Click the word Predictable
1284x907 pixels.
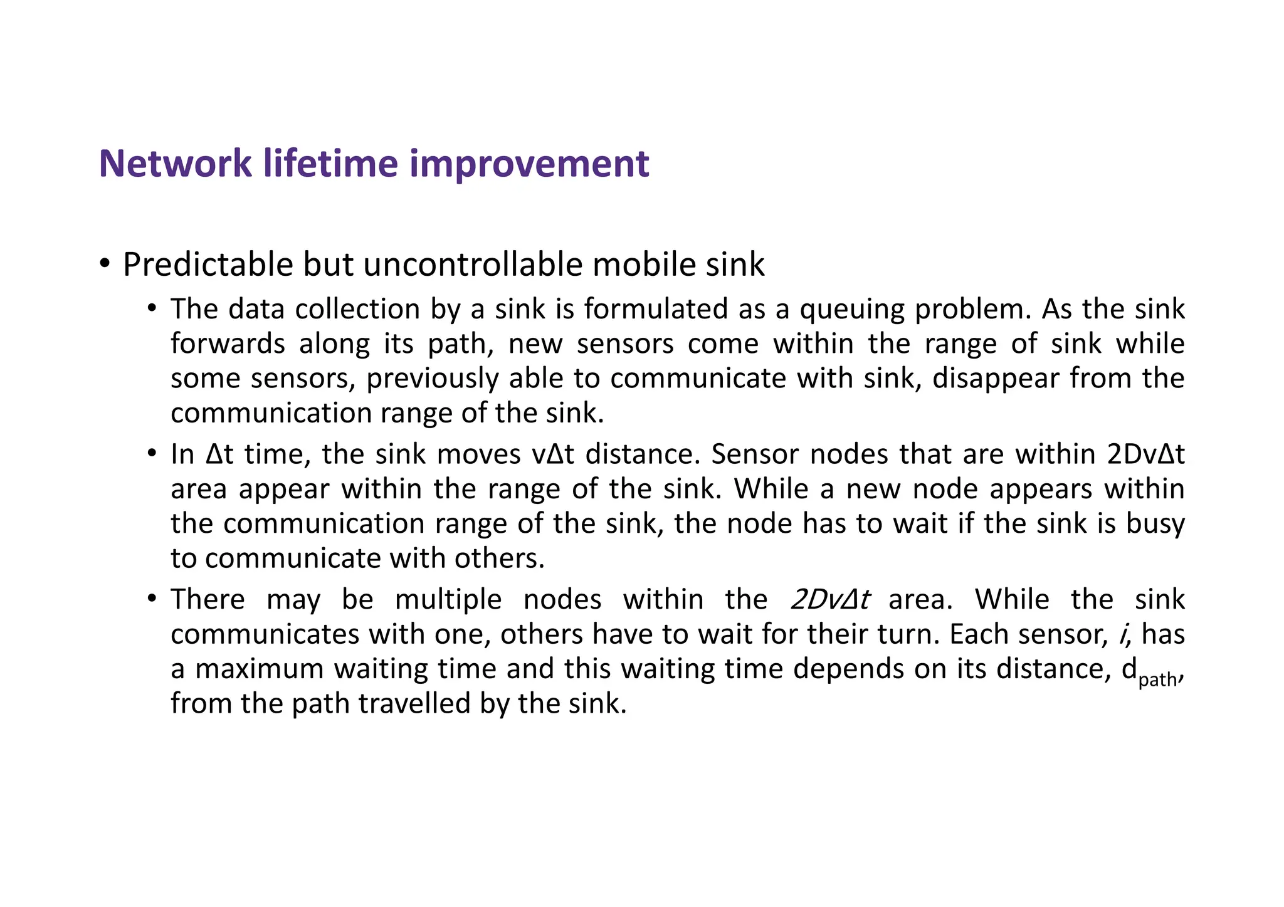click(x=208, y=265)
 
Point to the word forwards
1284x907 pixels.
click(x=228, y=344)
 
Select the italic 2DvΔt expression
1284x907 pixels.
click(x=829, y=600)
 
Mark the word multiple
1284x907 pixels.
click(x=448, y=600)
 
